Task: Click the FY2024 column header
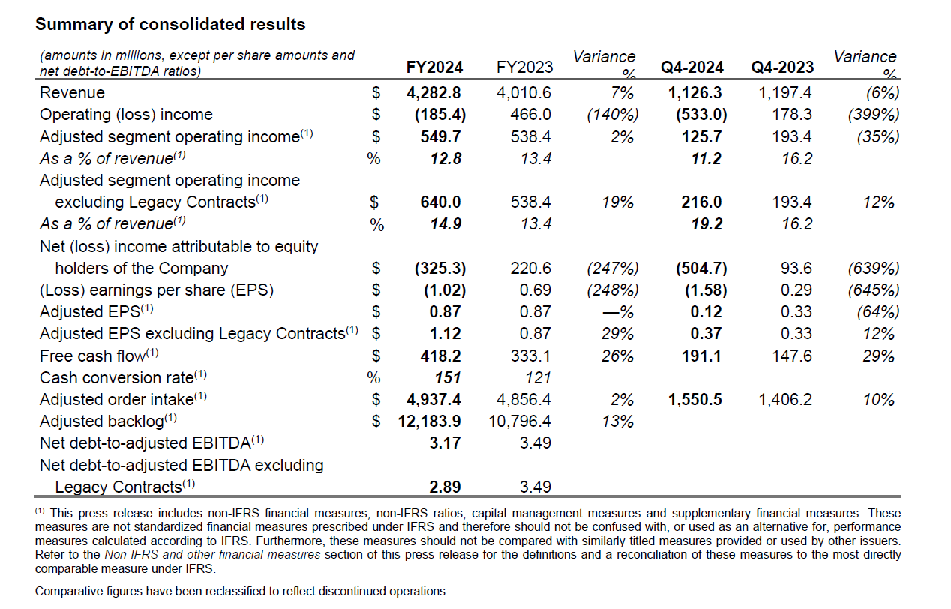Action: [x=434, y=67]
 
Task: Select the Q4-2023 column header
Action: [x=782, y=67]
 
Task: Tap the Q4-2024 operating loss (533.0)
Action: [x=700, y=115]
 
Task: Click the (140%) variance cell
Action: [x=613, y=115]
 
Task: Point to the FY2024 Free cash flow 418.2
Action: [x=441, y=355]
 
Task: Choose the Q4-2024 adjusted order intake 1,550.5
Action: [x=694, y=399]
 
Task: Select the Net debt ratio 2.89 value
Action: [x=445, y=487]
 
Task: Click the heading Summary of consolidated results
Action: [x=170, y=24]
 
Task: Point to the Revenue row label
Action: [x=72, y=93]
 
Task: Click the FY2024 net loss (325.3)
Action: [x=439, y=268]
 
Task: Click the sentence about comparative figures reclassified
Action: [x=241, y=591]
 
